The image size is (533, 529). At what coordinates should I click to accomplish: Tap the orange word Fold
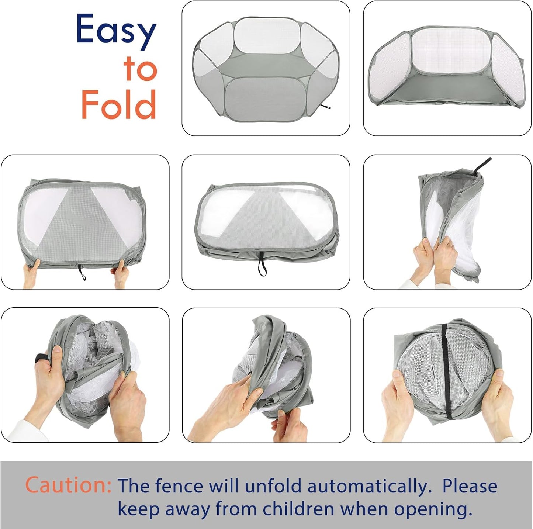click(x=119, y=104)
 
